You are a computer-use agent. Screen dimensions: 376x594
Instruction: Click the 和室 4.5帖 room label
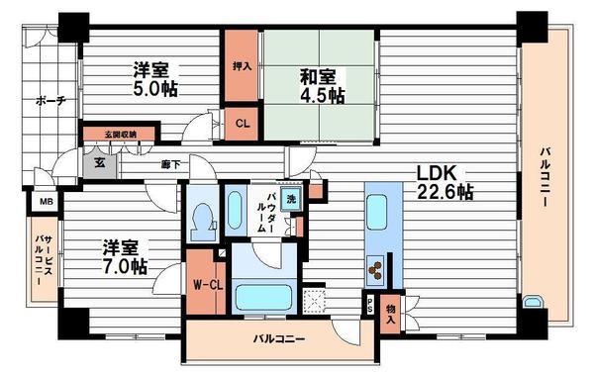pos(323,84)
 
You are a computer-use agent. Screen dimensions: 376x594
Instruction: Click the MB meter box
pos(45,204)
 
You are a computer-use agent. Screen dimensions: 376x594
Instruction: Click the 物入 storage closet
pos(391,314)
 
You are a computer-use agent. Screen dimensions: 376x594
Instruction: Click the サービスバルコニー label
pos(44,260)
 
